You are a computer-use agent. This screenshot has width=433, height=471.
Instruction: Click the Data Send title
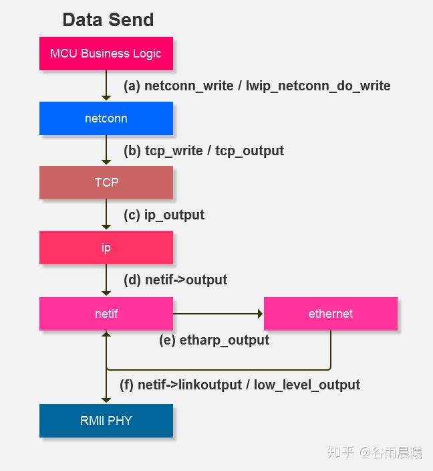click(x=108, y=19)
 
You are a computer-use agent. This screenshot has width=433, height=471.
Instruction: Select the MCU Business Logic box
click(x=106, y=54)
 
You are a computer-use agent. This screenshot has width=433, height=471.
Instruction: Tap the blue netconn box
click(x=106, y=118)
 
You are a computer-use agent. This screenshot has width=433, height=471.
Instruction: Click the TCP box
click(x=106, y=183)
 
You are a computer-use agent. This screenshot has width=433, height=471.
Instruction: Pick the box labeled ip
click(x=106, y=248)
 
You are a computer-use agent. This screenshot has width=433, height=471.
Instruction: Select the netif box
click(x=106, y=313)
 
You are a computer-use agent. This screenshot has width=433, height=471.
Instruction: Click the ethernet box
click(x=330, y=314)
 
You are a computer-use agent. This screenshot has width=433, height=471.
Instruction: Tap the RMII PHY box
click(x=106, y=421)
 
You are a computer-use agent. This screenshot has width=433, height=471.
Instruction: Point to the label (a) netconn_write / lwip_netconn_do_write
click(x=257, y=86)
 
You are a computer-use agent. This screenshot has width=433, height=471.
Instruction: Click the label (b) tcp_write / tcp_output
click(x=203, y=151)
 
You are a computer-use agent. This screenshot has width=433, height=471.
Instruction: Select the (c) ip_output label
click(x=164, y=215)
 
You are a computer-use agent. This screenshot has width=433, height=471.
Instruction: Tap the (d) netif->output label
click(x=175, y=280)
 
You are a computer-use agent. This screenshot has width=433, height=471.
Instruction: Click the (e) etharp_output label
click(x=214, y=340)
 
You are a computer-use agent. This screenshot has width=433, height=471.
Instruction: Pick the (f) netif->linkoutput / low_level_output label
click(x=239, y=385)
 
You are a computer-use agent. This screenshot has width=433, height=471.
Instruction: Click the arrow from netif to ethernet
click(x=218, y=313)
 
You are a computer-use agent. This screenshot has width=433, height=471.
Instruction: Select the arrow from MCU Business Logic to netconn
click(x=106, y=86)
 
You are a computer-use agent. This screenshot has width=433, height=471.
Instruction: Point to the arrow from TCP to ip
click(x=106, y=215)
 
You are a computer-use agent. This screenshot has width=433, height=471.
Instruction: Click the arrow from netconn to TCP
click(x=106, y=151)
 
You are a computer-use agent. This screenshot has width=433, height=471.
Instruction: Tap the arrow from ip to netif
click(x=106, y=280)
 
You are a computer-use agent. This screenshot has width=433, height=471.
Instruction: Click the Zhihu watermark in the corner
click(x=374, y=453)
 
